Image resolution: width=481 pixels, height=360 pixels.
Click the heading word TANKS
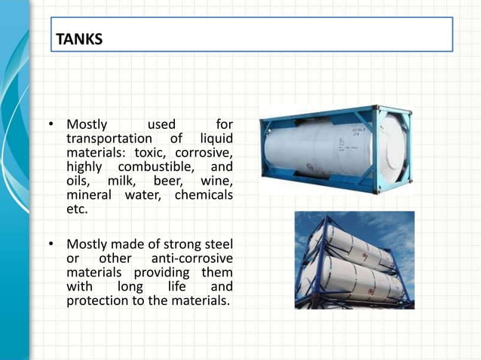(79, 38)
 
